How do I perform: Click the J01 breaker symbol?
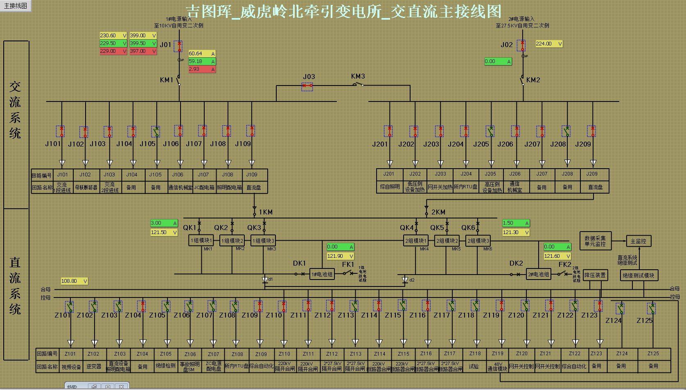tap(178, 46)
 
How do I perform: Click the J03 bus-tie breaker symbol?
tap(307, 86)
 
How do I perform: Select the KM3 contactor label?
tap(358, 77)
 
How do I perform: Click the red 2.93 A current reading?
tap(201, 69)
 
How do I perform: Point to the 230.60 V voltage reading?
tap(113, 36)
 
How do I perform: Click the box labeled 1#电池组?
tap(322, 274)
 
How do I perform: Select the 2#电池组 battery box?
tap(538, 274)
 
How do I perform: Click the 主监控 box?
tap(638, 241)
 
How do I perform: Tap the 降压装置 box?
tap(595, 275)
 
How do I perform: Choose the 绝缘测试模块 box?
tap(639, 275)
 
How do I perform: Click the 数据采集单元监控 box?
tap(595, 241)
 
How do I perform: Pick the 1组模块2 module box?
tap(232, 241)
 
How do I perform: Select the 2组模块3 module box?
tap(478, 241)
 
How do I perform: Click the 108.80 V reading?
tap(74, 281)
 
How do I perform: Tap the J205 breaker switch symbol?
tap(490, 131)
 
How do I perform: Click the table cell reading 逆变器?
tap(94, 367)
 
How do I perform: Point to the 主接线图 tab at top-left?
tap(16, 6)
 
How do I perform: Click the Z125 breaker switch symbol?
tap(652, 308)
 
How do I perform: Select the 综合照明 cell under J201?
tap(389, 187)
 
